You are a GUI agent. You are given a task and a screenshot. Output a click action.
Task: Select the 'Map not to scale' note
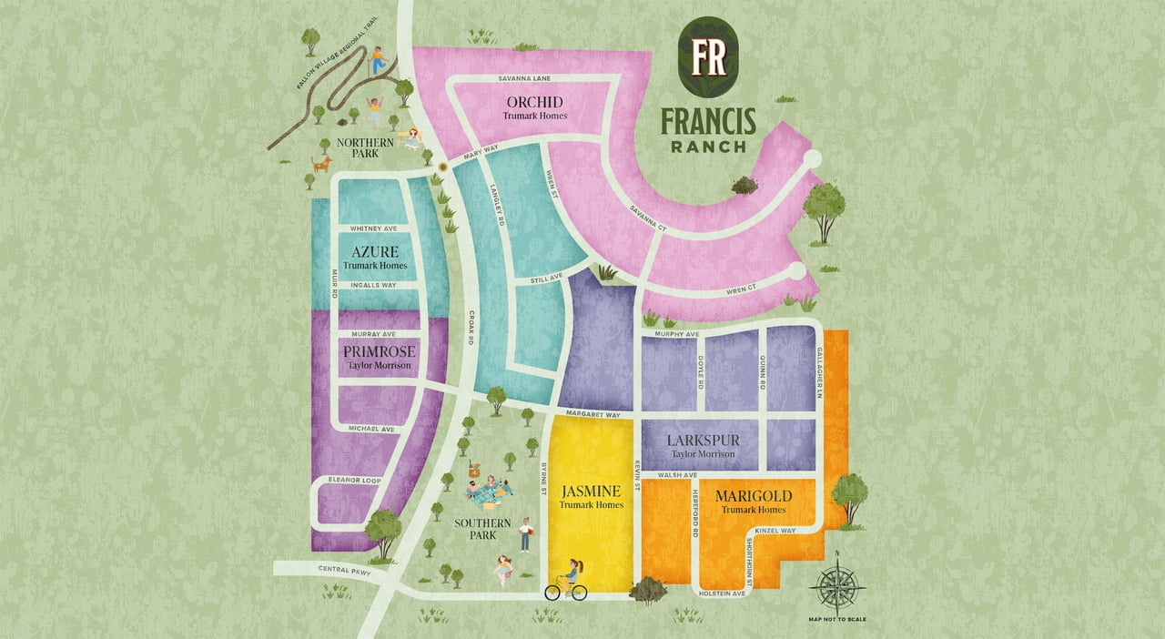point(836,619)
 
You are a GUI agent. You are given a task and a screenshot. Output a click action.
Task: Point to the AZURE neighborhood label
point(374,250)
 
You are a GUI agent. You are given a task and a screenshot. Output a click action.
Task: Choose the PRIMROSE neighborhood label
point(379,351)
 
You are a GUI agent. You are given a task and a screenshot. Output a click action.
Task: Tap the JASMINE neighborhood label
point(591,490)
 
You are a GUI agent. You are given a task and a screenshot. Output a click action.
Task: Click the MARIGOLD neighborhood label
point(753,496)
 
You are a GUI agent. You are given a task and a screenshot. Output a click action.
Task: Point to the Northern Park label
point(365,148)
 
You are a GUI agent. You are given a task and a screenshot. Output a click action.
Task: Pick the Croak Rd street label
point(471,329)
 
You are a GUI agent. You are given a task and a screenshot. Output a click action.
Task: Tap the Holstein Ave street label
point(724,593)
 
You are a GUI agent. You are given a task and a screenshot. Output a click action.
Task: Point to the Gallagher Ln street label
point(819,372)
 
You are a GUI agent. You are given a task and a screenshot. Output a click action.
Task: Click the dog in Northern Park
point(321,164)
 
